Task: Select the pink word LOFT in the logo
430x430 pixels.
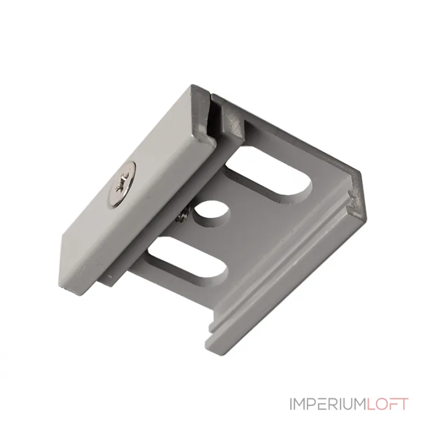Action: (x=389, y=404)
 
